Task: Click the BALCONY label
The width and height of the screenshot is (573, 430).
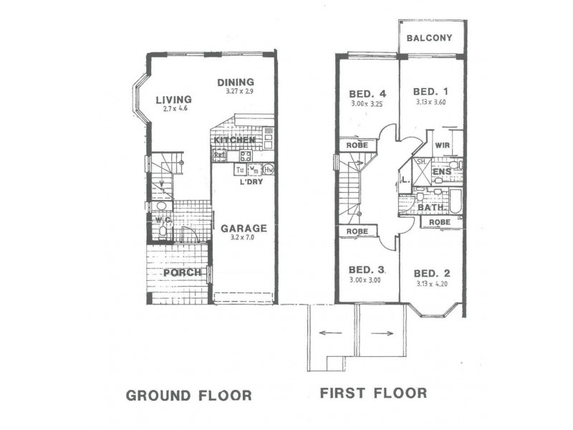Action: click(x=429, y=38)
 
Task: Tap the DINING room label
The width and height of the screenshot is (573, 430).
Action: click(x=236, y=82)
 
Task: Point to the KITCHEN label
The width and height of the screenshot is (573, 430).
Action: click(x=234, y=140)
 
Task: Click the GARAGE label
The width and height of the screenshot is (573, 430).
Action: click(x=243, y=229)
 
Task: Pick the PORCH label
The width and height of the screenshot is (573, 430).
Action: click(x=182, y=272)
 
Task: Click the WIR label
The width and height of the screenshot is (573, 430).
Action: click(x=441, y=145)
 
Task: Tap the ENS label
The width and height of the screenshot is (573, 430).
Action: click(x=442, y=172)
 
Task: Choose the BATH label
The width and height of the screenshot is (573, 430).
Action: click(x=432, y=208)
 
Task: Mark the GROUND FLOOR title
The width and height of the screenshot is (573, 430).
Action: click(x=188, y=395)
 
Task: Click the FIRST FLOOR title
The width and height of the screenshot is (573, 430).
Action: click(x=373, y=393)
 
